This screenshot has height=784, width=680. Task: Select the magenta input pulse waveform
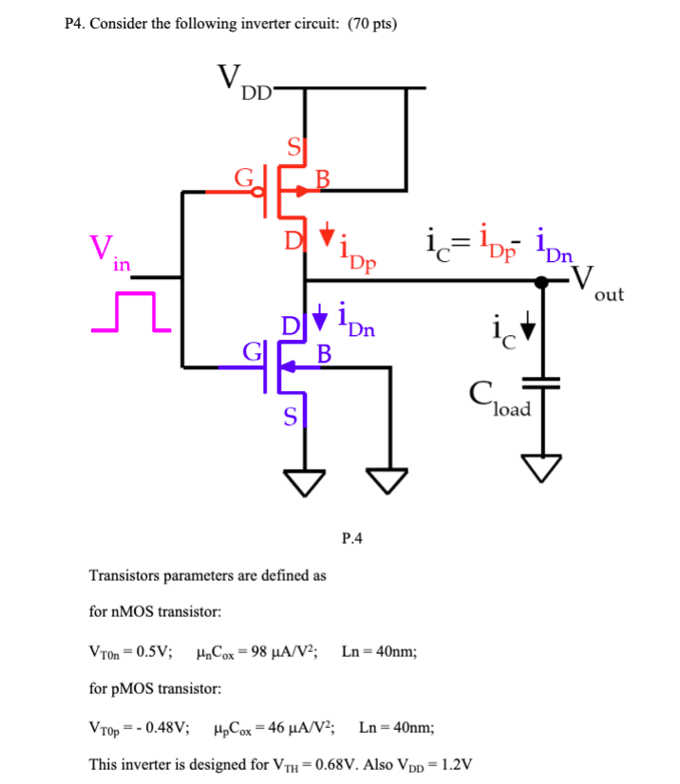point(130,311)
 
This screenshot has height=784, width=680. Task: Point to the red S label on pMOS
point(294,146)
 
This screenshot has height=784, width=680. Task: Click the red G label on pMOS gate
point(244,177)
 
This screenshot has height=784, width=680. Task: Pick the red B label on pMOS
point(323,177)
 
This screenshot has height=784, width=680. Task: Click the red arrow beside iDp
point(327,232)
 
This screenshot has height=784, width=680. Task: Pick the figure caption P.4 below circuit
point(351,539)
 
